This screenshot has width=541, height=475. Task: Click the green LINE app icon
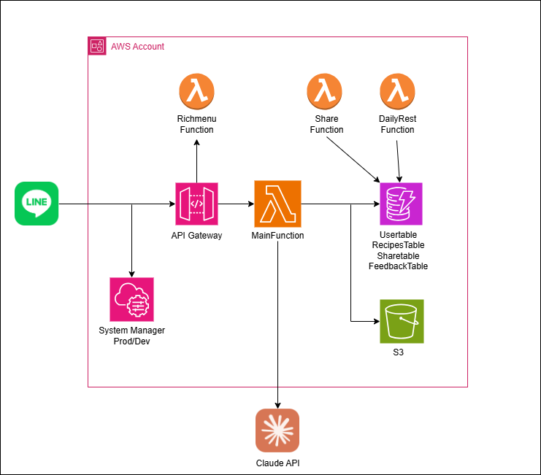coord(37,204)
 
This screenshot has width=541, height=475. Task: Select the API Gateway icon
coord(197,204)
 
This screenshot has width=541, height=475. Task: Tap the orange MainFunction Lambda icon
coord(277,204)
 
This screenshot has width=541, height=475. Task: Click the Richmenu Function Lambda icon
coord(196,92)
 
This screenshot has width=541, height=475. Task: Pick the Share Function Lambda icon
coord(326,92)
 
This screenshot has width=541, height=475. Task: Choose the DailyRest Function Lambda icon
coord(397,92)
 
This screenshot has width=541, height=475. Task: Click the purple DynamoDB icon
coord(401,204)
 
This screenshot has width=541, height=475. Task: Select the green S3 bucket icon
coord(401,322)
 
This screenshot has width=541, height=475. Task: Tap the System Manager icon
coord(131,299)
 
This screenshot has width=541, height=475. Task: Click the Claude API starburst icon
coord(277,430)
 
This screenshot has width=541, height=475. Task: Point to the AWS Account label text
coord(137,47)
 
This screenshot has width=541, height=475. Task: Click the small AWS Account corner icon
coord(97,46)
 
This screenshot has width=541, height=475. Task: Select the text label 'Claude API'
coord(277,463)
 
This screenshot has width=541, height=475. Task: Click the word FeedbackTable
coord(398,266)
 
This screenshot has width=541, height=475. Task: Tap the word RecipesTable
coord(398,246)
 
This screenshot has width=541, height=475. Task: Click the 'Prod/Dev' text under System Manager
coord(131,341)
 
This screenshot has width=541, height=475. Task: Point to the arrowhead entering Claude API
coord(277,404)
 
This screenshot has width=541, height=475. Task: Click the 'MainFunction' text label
coord(277,236)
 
